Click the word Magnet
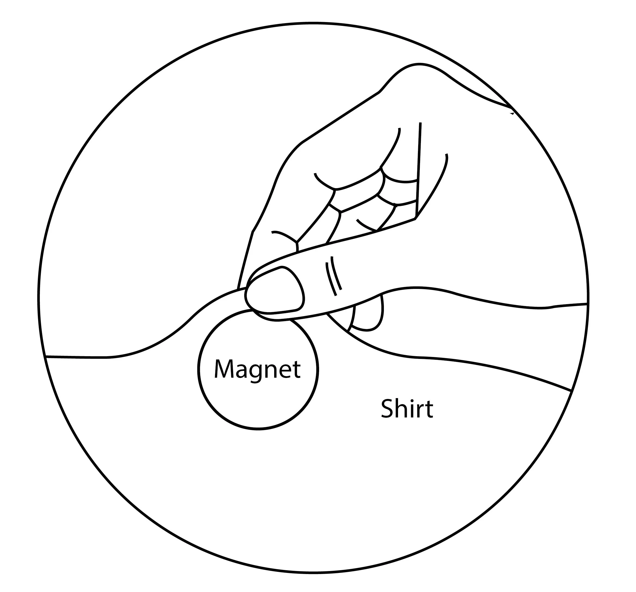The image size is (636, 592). coord(257,369)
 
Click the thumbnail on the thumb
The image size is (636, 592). coord(276,291)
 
